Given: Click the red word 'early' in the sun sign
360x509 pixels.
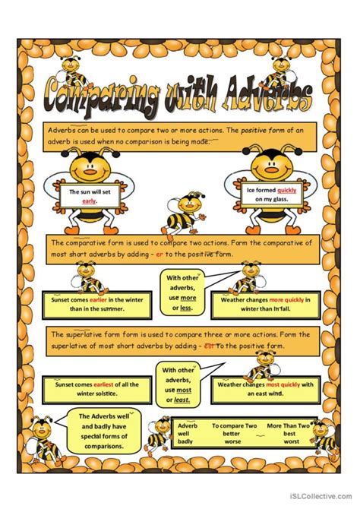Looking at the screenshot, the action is (90, 201).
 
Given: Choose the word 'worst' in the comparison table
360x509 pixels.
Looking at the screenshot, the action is (292, 441).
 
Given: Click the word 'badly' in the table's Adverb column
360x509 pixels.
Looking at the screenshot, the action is (187, 441).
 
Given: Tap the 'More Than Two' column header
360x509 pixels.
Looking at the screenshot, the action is (287, 426).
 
